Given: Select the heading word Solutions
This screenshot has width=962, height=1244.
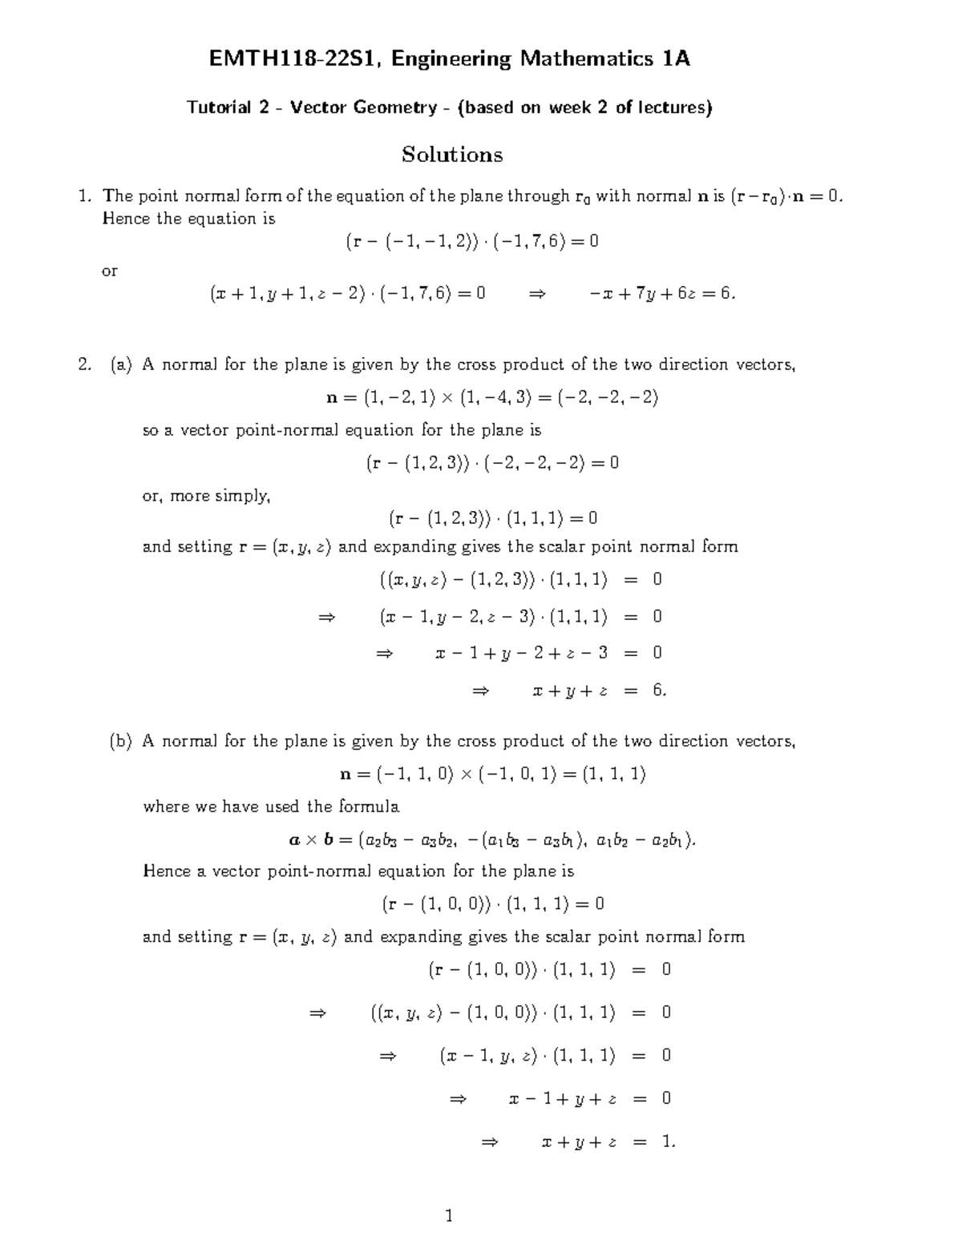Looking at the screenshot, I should (x=452, y=154).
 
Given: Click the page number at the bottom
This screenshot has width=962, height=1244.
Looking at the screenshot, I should (x=449, y=1217).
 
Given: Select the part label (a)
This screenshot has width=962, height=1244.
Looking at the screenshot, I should (x=121, y=365).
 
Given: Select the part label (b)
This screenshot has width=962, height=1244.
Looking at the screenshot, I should (x=121, y=742).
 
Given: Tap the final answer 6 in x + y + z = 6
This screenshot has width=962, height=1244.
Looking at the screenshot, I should (x=659, y=690).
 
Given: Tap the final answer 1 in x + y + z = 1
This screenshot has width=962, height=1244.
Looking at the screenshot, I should (x=668, y=1141).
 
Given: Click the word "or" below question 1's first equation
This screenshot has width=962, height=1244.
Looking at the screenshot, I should (x=109, y=272).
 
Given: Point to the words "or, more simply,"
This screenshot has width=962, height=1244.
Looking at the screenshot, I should (x=206, y=496).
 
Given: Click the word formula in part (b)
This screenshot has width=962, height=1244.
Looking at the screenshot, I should (x=369, y=807).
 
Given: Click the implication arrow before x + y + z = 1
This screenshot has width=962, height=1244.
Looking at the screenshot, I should (x=490, y=1141).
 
